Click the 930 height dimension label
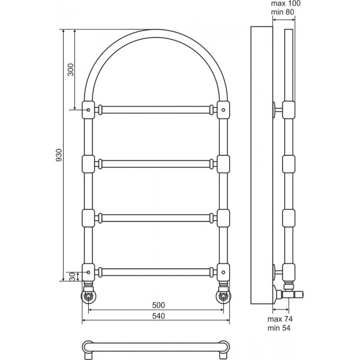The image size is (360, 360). tap(59, 155)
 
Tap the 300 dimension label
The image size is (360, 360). tap(71, 70)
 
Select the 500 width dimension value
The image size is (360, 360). tap(158, 305)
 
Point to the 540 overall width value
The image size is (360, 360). tap(158, 316)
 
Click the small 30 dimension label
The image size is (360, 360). tap(73, 277)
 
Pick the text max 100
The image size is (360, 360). tap(286, 4)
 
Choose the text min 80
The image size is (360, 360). tap(283, 12)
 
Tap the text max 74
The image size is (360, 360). tap(280, 319)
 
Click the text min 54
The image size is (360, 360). tap(279, 328)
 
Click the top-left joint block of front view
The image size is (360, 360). tap(88, 110)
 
